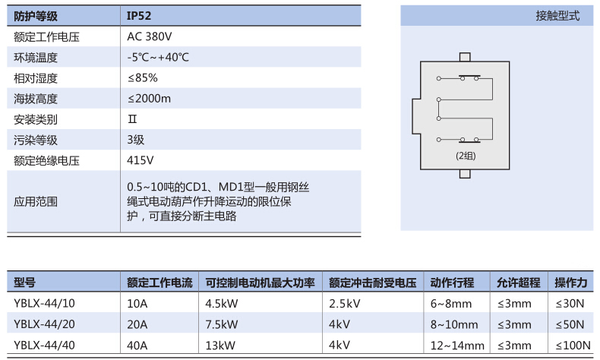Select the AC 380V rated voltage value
tap(150, 36)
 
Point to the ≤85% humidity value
tap(143, 78)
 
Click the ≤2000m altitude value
tap(149, 99)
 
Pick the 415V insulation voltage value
tap(141, 160)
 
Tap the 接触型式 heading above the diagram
tap(557, 16)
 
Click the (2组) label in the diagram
tap(466, 156)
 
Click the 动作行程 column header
tap(452, 283)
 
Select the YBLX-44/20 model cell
tap(45, 324)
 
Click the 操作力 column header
tap(571, 283)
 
